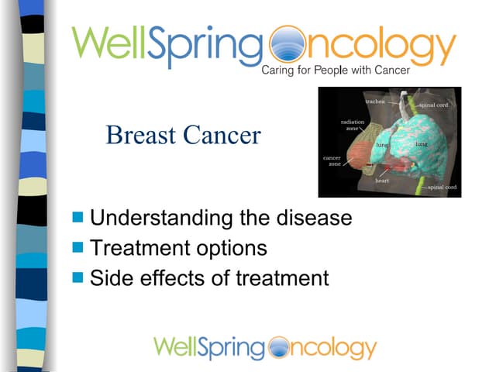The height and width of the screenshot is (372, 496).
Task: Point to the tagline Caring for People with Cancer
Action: click(x=335, y=71)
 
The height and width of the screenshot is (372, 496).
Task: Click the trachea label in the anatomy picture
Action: click(x=377, y=102)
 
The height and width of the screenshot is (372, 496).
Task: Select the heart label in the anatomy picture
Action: click(x=381, y=180)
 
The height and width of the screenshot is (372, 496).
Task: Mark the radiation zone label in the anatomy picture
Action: click(x=349, y=125)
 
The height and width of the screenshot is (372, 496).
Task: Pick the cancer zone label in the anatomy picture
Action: click(x=332, y=160)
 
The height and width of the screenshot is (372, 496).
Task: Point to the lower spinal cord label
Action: click(x=442, y=187)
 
